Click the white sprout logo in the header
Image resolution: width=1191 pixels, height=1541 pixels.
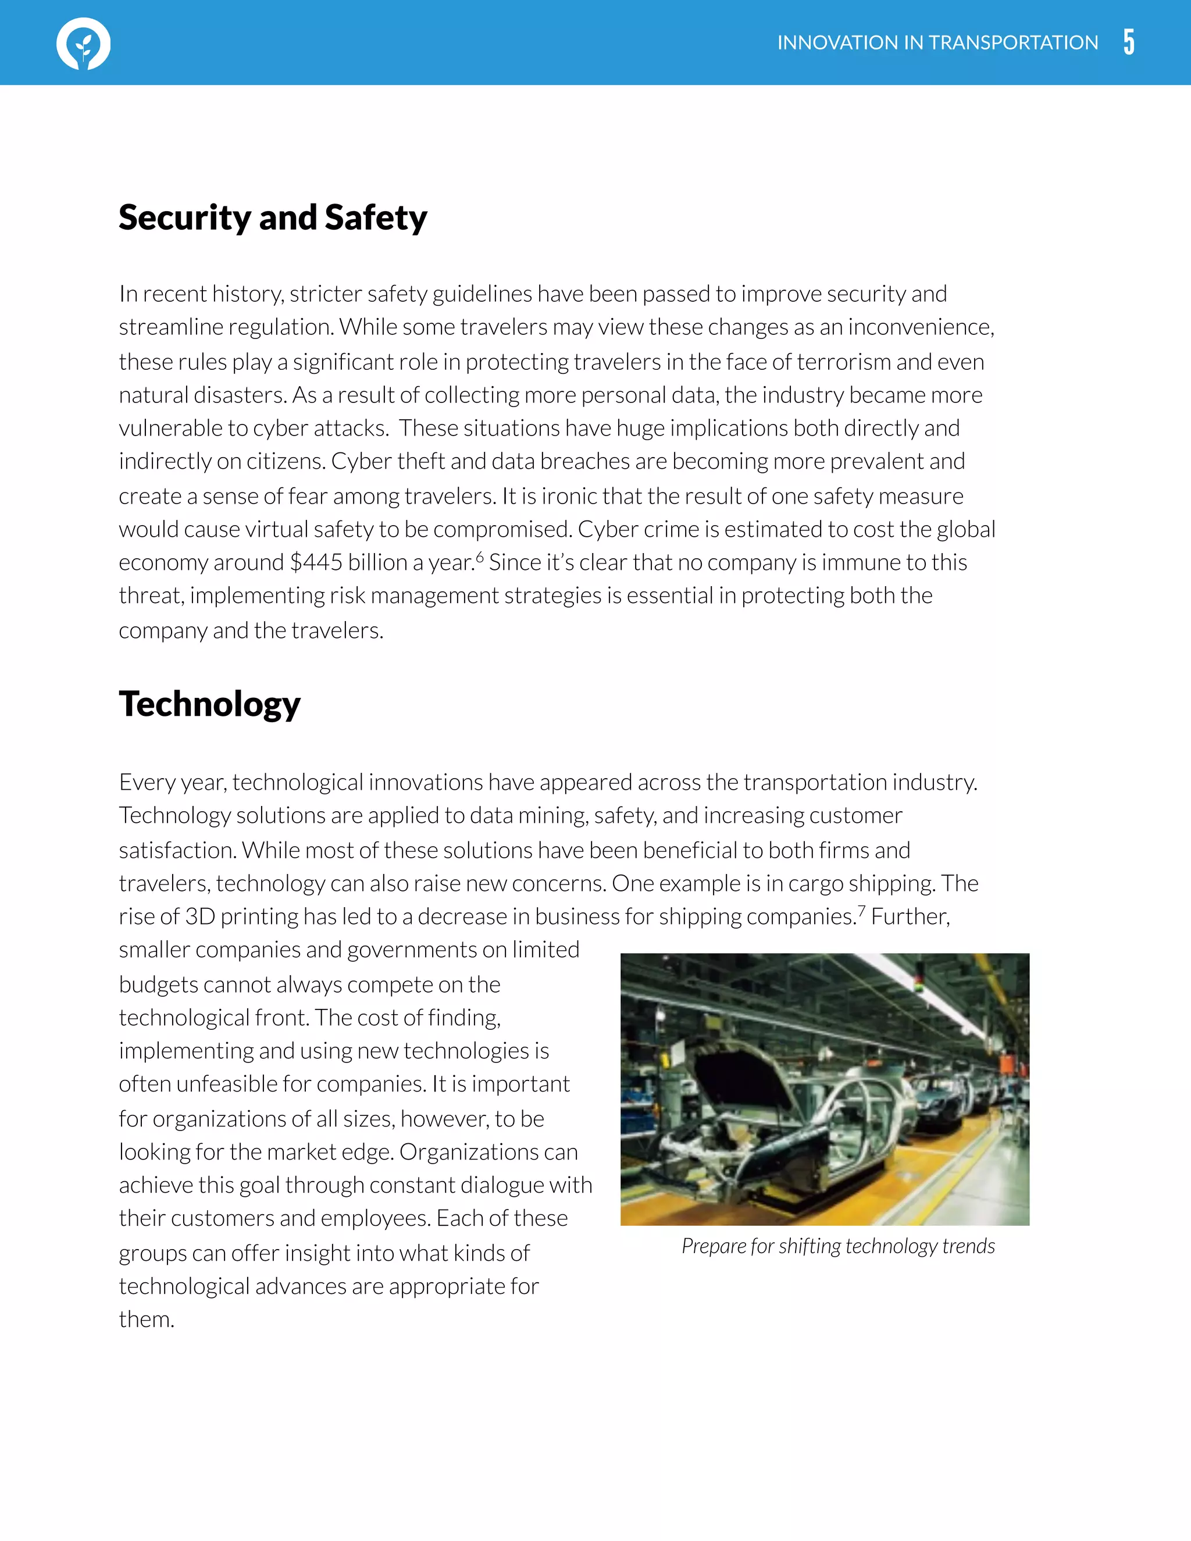coord(83,44)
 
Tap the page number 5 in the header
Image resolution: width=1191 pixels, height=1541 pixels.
coord(1129,42)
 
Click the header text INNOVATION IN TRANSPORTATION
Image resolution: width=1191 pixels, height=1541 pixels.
coord(937,43)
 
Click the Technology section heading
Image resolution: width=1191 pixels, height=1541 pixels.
coord(209,704)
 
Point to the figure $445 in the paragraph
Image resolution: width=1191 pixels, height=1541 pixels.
coord(316,562)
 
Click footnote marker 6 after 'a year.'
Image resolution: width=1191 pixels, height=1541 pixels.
coord(480,557)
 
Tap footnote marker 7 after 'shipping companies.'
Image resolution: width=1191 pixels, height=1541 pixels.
coord(861,910)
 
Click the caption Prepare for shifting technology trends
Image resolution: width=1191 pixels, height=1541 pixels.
coord(838,1246)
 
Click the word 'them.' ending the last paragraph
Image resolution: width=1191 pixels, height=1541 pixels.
coord(146,1319)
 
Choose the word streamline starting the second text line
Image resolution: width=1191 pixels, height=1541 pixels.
coord(170,327)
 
